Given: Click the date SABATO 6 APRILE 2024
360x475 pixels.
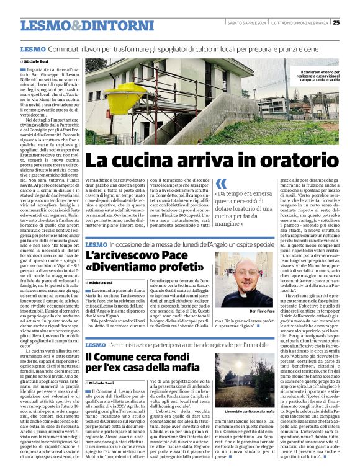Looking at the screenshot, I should pos(246,23).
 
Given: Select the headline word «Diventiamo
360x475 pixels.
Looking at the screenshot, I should pos(121,268).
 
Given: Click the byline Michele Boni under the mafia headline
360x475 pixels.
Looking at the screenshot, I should pos(103,384).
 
